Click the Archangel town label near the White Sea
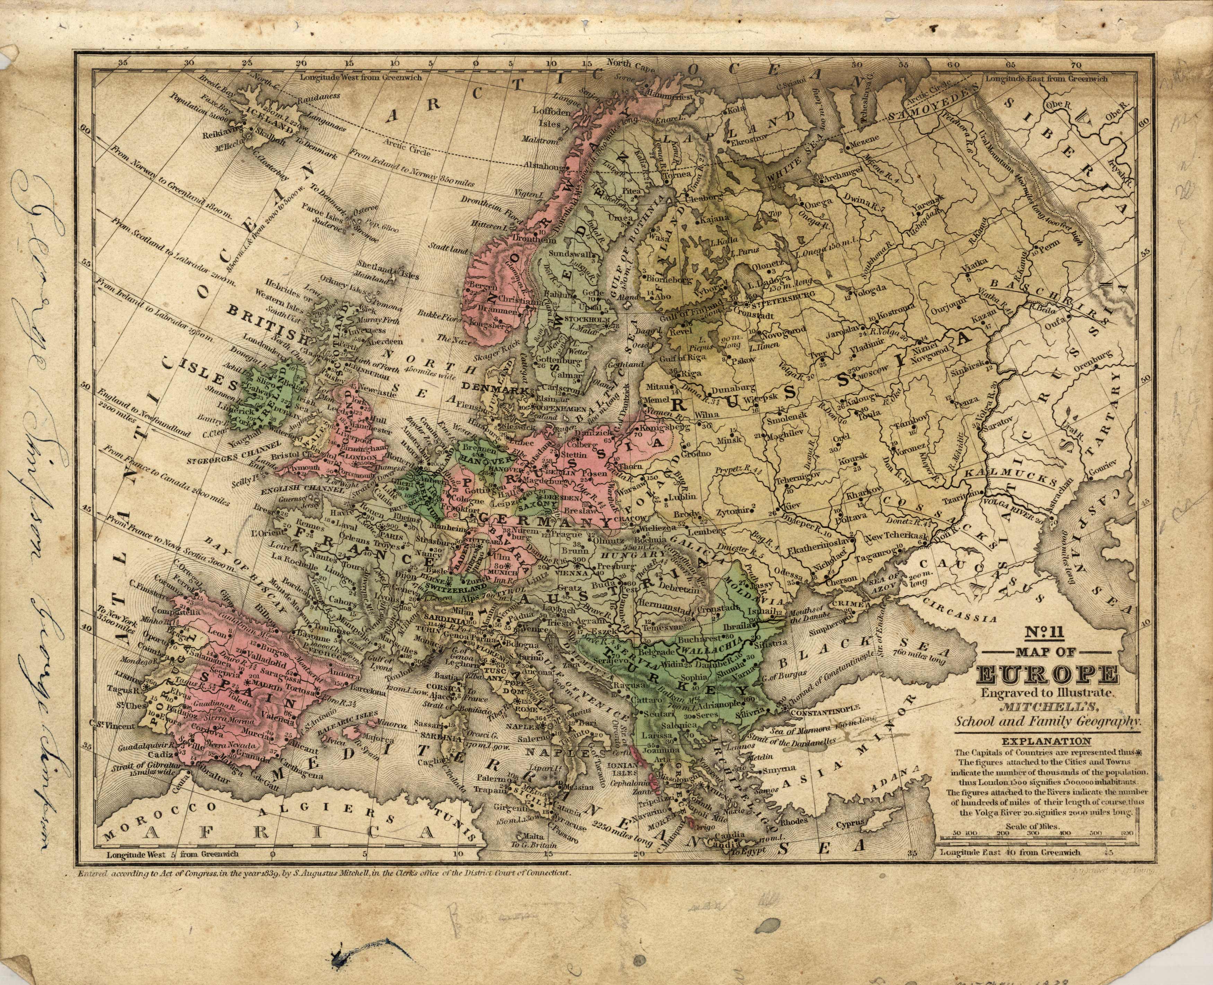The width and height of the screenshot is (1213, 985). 845,176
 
